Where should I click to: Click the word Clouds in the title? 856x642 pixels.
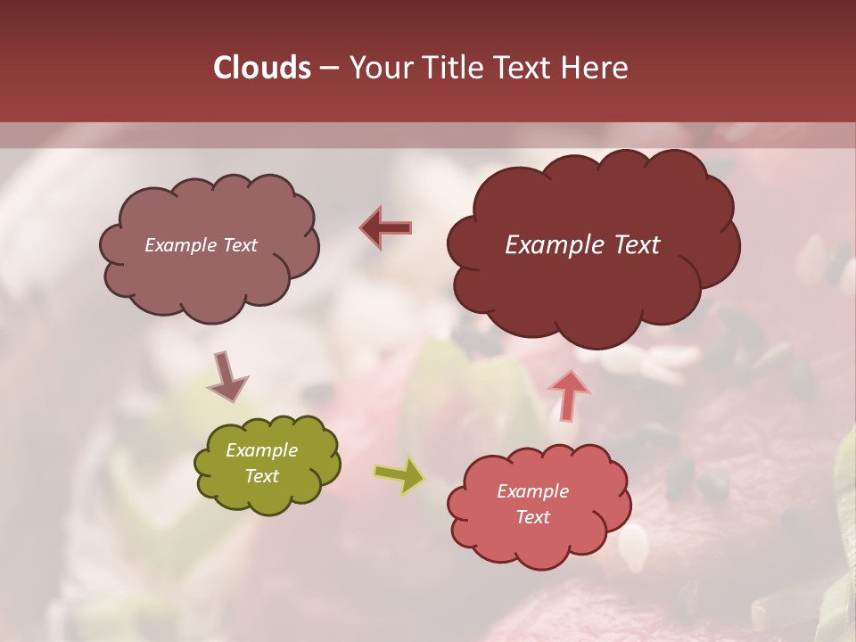point(261,68)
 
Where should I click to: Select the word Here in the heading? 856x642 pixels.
point(596,68)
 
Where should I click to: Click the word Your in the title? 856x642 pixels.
point(383,68)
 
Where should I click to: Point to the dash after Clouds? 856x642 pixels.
point(328,69)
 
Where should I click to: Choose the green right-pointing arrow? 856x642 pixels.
point(399,475)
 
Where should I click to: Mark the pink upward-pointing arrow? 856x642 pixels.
point(570,394)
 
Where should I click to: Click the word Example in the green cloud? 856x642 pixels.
point(261,451)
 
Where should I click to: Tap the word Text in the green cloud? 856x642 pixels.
point(261,476)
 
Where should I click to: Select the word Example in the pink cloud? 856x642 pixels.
point(532,491)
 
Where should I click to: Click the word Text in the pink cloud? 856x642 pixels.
point(532,517)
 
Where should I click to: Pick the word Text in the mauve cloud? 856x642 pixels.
point(238,245)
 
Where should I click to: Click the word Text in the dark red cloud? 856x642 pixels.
point(636,245)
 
